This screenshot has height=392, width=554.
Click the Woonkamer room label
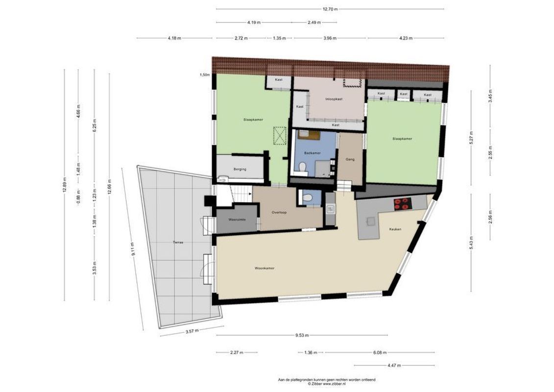tap(264, 268)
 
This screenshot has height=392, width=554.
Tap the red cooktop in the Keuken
tap(402, 204)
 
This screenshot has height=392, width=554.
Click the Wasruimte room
tap(237, 220)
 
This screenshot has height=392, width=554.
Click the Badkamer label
tap(312, 153)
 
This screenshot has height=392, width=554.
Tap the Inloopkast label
tap(334, 99)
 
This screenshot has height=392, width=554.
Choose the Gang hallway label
tap(350, 159)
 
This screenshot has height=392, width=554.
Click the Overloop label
tap(279, 212)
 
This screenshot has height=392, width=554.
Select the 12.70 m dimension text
tap(330, 9)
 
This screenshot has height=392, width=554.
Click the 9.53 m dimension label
tap(302, 336)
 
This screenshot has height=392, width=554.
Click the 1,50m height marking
tap(204, 75)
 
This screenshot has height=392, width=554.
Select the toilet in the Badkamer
tap(303, 168)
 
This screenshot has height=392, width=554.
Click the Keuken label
tap(395, 229)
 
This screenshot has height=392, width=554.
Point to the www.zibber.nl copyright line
tap(326, 384)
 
